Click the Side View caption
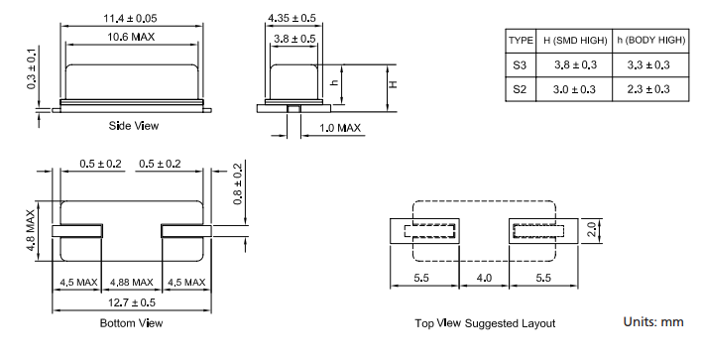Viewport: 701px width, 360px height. (x=133, y=126)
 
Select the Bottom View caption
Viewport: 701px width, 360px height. (x=132, y=323)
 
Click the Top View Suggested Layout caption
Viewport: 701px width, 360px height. (x=486, y=323)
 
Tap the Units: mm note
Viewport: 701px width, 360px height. (x=652, y=322)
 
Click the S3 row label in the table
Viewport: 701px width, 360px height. (x=521, y=64)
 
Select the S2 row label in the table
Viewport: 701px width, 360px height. (x=521, y=89)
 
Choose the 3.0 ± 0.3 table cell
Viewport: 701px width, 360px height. (x=573, y=89)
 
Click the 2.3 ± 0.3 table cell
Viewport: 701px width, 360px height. (x=649, y=89)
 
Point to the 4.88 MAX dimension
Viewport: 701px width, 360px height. (x=132, y=282)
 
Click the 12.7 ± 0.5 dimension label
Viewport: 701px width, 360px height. (x=132, y=302)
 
